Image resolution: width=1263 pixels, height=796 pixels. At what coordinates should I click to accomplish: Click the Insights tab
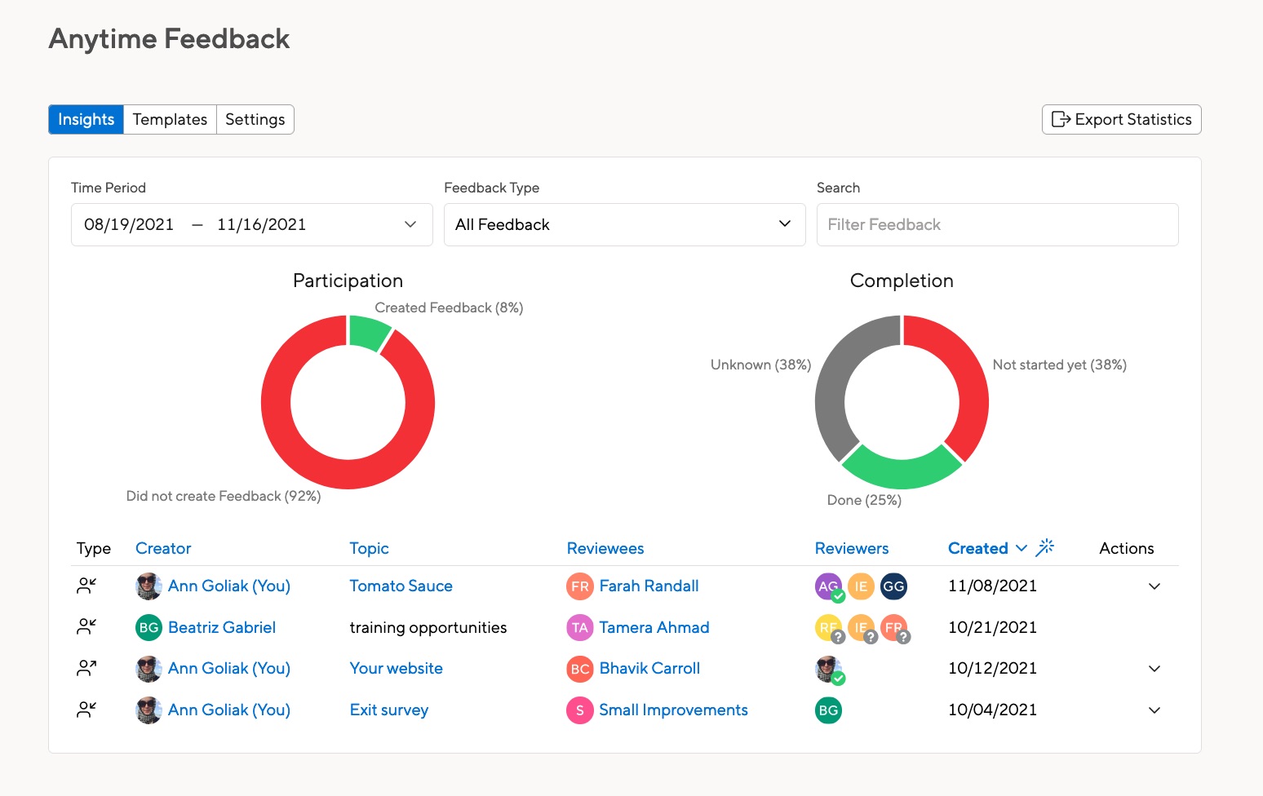click(86, 119)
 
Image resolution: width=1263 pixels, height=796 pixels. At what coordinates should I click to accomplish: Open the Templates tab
click(170, 119)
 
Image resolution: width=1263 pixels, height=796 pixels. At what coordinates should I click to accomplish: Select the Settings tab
click(255, 119)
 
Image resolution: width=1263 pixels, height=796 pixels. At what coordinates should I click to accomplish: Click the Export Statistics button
click(1121, 119)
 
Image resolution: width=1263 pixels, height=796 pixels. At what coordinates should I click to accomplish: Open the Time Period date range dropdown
click(251, 224)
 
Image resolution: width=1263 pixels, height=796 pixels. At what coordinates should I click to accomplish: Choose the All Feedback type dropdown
click(624, 224)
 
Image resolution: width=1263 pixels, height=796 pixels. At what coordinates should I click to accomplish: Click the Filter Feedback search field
click(997, 224)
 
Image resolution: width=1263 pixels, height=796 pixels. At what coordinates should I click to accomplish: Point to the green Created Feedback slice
click(369, 333)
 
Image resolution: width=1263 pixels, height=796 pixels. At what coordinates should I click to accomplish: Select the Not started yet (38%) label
click(1059, 365)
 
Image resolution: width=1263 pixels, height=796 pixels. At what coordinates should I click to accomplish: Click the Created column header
click(977, 548)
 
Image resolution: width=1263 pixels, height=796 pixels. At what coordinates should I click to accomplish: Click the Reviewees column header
click(605, 548)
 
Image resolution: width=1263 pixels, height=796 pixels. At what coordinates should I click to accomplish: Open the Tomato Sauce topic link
click(401, 586)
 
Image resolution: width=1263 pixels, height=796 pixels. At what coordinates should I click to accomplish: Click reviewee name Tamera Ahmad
click(654, 627)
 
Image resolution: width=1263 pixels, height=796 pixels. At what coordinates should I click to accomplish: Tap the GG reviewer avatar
click(893, 586)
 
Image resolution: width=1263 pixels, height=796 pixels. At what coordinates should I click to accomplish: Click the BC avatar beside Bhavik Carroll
click(579, 669)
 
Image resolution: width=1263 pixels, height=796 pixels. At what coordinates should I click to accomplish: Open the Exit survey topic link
click(388, 710)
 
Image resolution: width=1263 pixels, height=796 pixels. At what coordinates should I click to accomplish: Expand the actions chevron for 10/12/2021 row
click(1154, 669)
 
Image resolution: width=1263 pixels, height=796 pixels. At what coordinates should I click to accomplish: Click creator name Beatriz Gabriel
click(221, 627)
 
